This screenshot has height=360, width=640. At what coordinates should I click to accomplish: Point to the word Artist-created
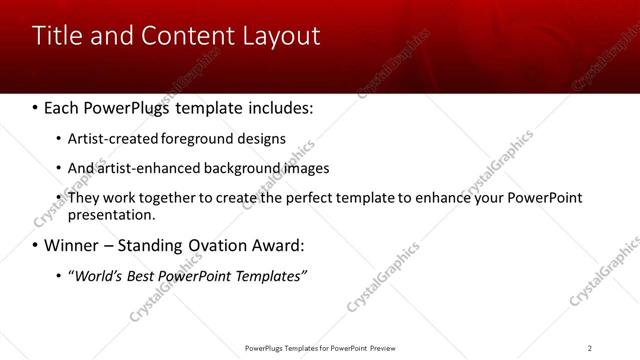pos(110,138)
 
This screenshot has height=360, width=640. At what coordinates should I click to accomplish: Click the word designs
pos(261,138)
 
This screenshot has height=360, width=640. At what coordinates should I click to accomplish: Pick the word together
pos(171,198)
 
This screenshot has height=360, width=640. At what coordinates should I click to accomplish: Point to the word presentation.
pos(111,214)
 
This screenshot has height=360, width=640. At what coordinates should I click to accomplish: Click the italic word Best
pos(142,276)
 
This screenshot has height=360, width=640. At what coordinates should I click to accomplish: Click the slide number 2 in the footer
pos(590,348)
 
